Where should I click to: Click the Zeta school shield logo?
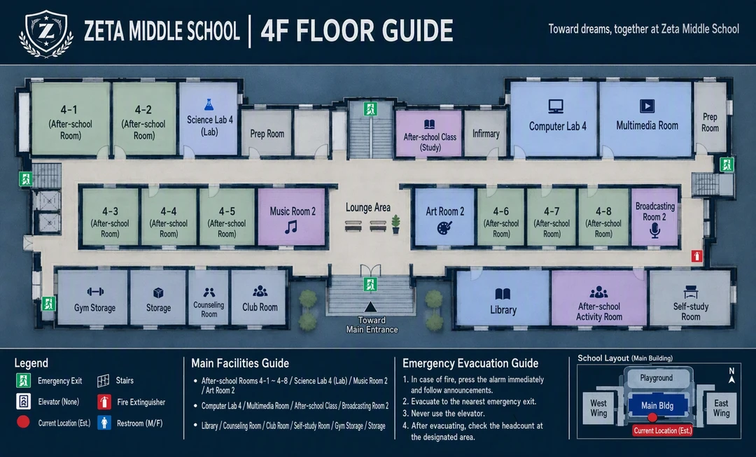point(46,34)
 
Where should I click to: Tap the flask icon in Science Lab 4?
point(209,104)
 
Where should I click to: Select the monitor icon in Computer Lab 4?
point(556,106)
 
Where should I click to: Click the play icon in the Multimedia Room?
point(647,106)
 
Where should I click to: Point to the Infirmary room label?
point(486,134)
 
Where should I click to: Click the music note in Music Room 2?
point(290,227)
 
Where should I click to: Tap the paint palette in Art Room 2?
point(444,227)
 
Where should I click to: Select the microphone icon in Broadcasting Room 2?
point(654,230)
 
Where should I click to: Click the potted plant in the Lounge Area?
point(395,224)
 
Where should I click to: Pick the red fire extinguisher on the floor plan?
point(696,256)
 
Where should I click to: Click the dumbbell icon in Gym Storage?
point(95,292)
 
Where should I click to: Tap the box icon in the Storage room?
point(158,293)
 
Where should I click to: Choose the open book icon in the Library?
point(503,294)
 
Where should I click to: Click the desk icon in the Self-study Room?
point(690,292)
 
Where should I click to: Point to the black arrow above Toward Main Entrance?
point(370,307)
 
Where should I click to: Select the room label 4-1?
point(69,110)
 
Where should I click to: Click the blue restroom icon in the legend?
point(104,423)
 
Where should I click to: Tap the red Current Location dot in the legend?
point(23,422)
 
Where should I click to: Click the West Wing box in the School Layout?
point(598,408)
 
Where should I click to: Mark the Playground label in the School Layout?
point(656,378)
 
